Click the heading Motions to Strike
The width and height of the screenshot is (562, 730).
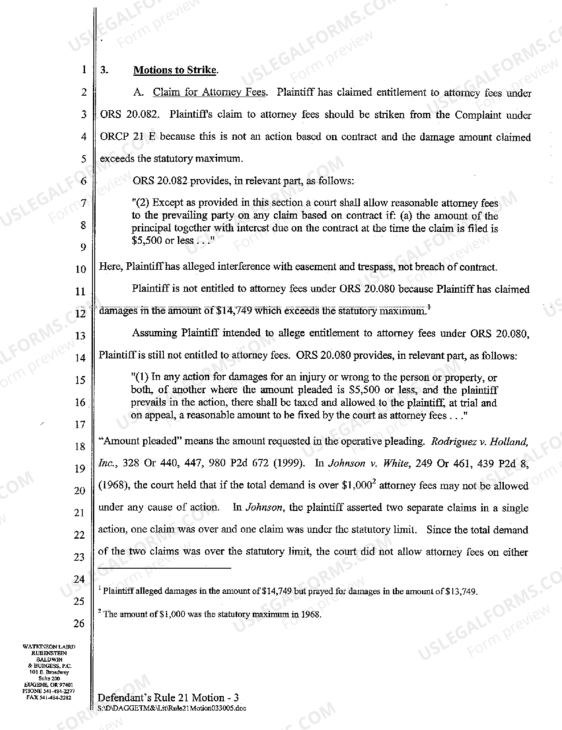coord(175,70)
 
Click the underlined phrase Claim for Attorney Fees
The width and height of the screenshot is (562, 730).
coord(209,93)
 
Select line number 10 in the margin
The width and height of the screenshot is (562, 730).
coord(80,269)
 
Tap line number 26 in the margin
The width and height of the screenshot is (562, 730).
coord(79,623)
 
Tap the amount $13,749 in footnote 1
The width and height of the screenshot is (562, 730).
coord(461,592)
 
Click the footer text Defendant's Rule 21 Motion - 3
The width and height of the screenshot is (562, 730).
coord(168,697)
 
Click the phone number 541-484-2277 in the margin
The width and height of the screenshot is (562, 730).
coord(54,693)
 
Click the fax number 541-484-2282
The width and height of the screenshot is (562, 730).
coord(54,698)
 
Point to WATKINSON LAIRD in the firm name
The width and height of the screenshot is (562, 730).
coord(49,647)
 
